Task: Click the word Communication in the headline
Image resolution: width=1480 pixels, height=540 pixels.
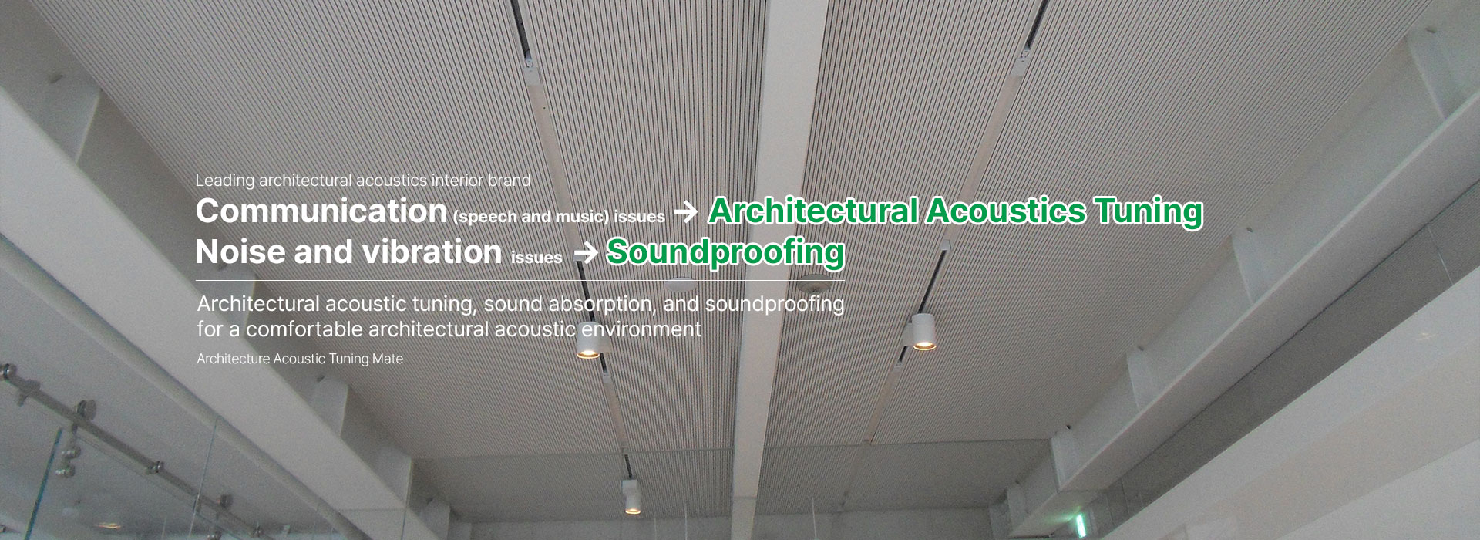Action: [x=321, y=211]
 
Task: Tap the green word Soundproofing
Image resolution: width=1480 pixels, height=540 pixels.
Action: [x=725, y=252]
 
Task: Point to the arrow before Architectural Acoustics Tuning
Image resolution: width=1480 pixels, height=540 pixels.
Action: [x=685, y=213]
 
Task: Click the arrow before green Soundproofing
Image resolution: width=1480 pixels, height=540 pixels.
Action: [x=586, y=253]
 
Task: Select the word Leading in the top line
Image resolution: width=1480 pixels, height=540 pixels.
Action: [x=225, y=181]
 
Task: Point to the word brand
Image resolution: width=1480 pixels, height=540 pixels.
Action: [x=510, y=181]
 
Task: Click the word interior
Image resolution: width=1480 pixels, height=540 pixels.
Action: [x=458, y=181]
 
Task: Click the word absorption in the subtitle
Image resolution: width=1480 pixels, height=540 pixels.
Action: [x=602, y=304]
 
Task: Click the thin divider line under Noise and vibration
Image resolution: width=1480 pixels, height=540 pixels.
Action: [x=520, y=280]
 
